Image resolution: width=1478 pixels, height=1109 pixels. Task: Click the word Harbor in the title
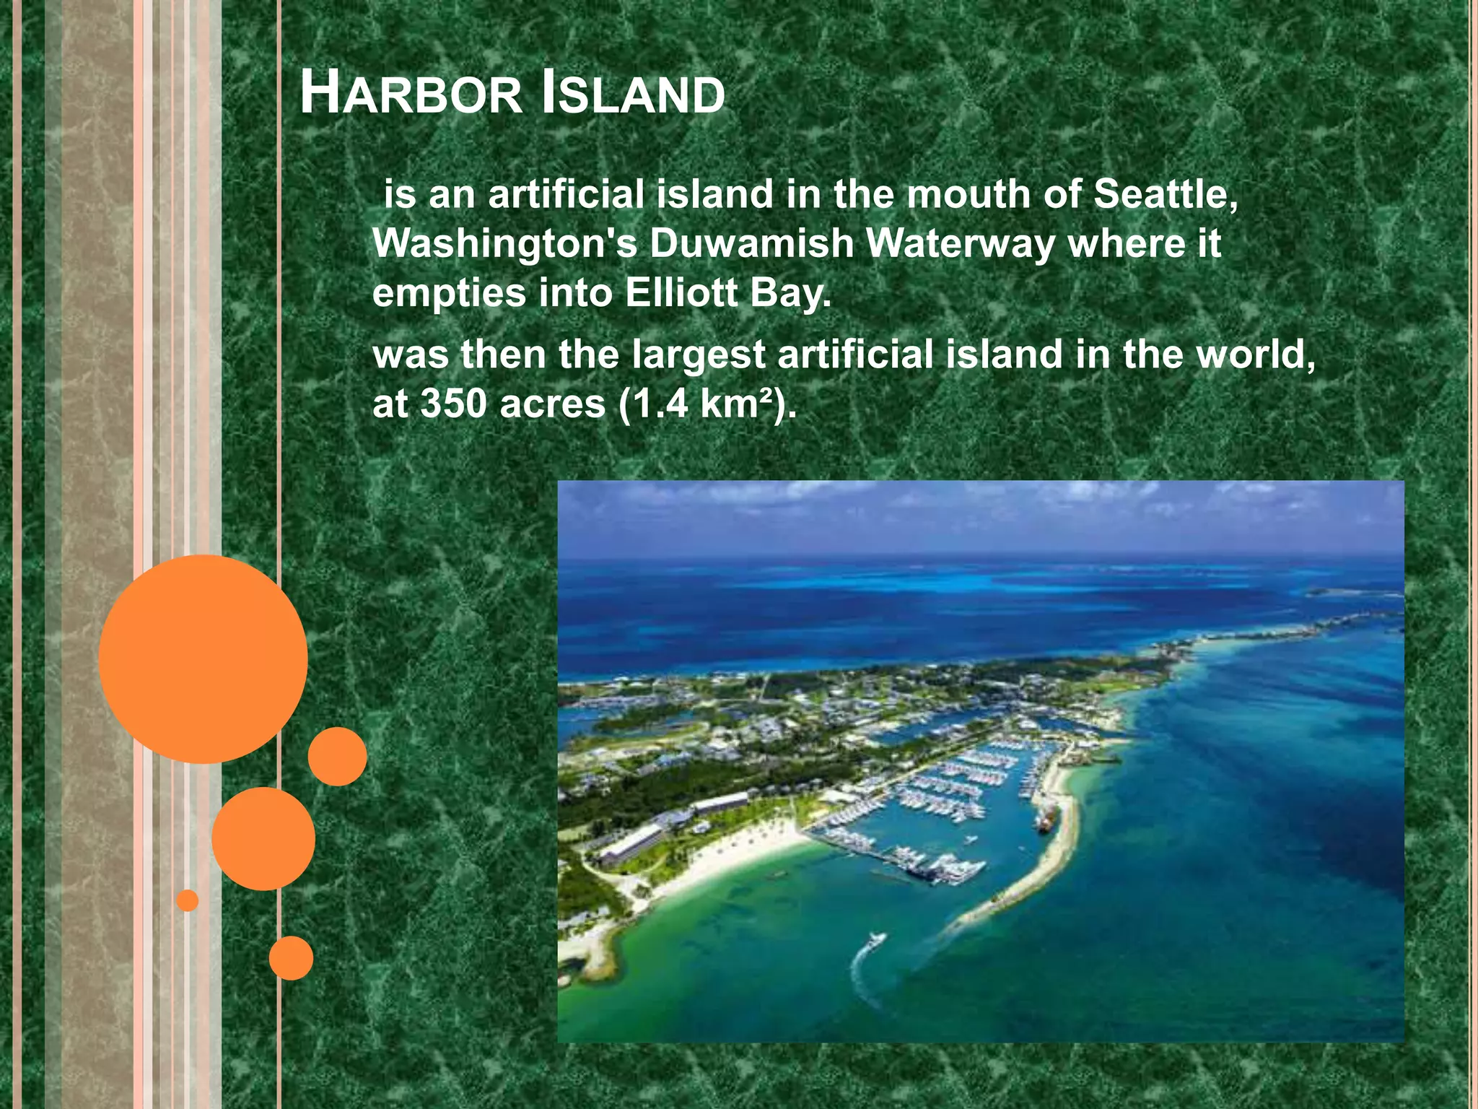(411, 94)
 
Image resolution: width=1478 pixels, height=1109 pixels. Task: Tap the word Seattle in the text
(1165, 195)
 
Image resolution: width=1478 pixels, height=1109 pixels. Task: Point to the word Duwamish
(751, 244)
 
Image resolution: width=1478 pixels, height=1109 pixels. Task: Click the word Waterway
(960, 244)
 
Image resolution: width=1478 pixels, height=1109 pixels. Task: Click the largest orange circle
(204, 659)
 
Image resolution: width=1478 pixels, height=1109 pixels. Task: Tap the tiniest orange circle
(188, 900)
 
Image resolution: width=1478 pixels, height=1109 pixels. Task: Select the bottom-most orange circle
(291, 958)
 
